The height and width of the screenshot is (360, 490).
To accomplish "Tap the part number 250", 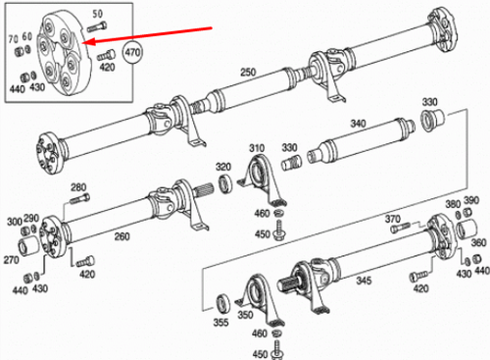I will [247, 74].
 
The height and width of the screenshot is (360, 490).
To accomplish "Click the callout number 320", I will [222, 166].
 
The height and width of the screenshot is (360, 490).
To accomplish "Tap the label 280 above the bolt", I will [78, 186].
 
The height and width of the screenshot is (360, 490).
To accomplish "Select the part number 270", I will [13, 262].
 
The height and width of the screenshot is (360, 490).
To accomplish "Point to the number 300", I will [14, 220].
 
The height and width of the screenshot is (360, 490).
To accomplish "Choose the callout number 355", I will [221, 320].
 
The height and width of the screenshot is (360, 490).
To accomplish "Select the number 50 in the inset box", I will [96, 13].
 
